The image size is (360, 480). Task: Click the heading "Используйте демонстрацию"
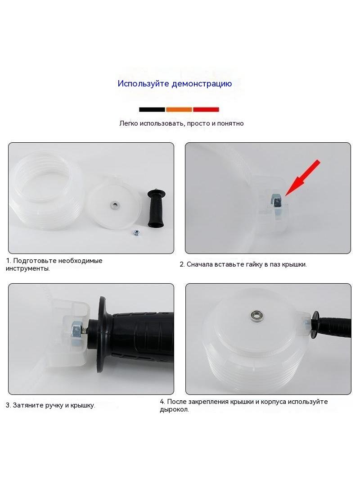pyautogui.click(x=175, y=84)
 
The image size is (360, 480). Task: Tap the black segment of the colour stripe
pyautogui.click(x=152, y=109)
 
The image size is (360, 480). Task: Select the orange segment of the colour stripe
pyautogui.click(x=179, y=109)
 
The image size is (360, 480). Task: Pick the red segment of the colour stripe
pyautogui.click(x=206, y=109)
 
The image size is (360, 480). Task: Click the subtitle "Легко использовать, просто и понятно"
pyautogui.click(x=181, y=123)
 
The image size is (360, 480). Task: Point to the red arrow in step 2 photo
pyautogui.click(x=302, y=177)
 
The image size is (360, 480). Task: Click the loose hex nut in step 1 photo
pyautogui.click(x=135, y=233)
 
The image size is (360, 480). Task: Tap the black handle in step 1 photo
pyautogui.click(x=156, y=208)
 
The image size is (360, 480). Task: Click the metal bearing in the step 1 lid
pyautogui.click(x=115, y=204)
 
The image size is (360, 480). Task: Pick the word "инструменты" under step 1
pyautogui.click(x=27, y=269)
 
